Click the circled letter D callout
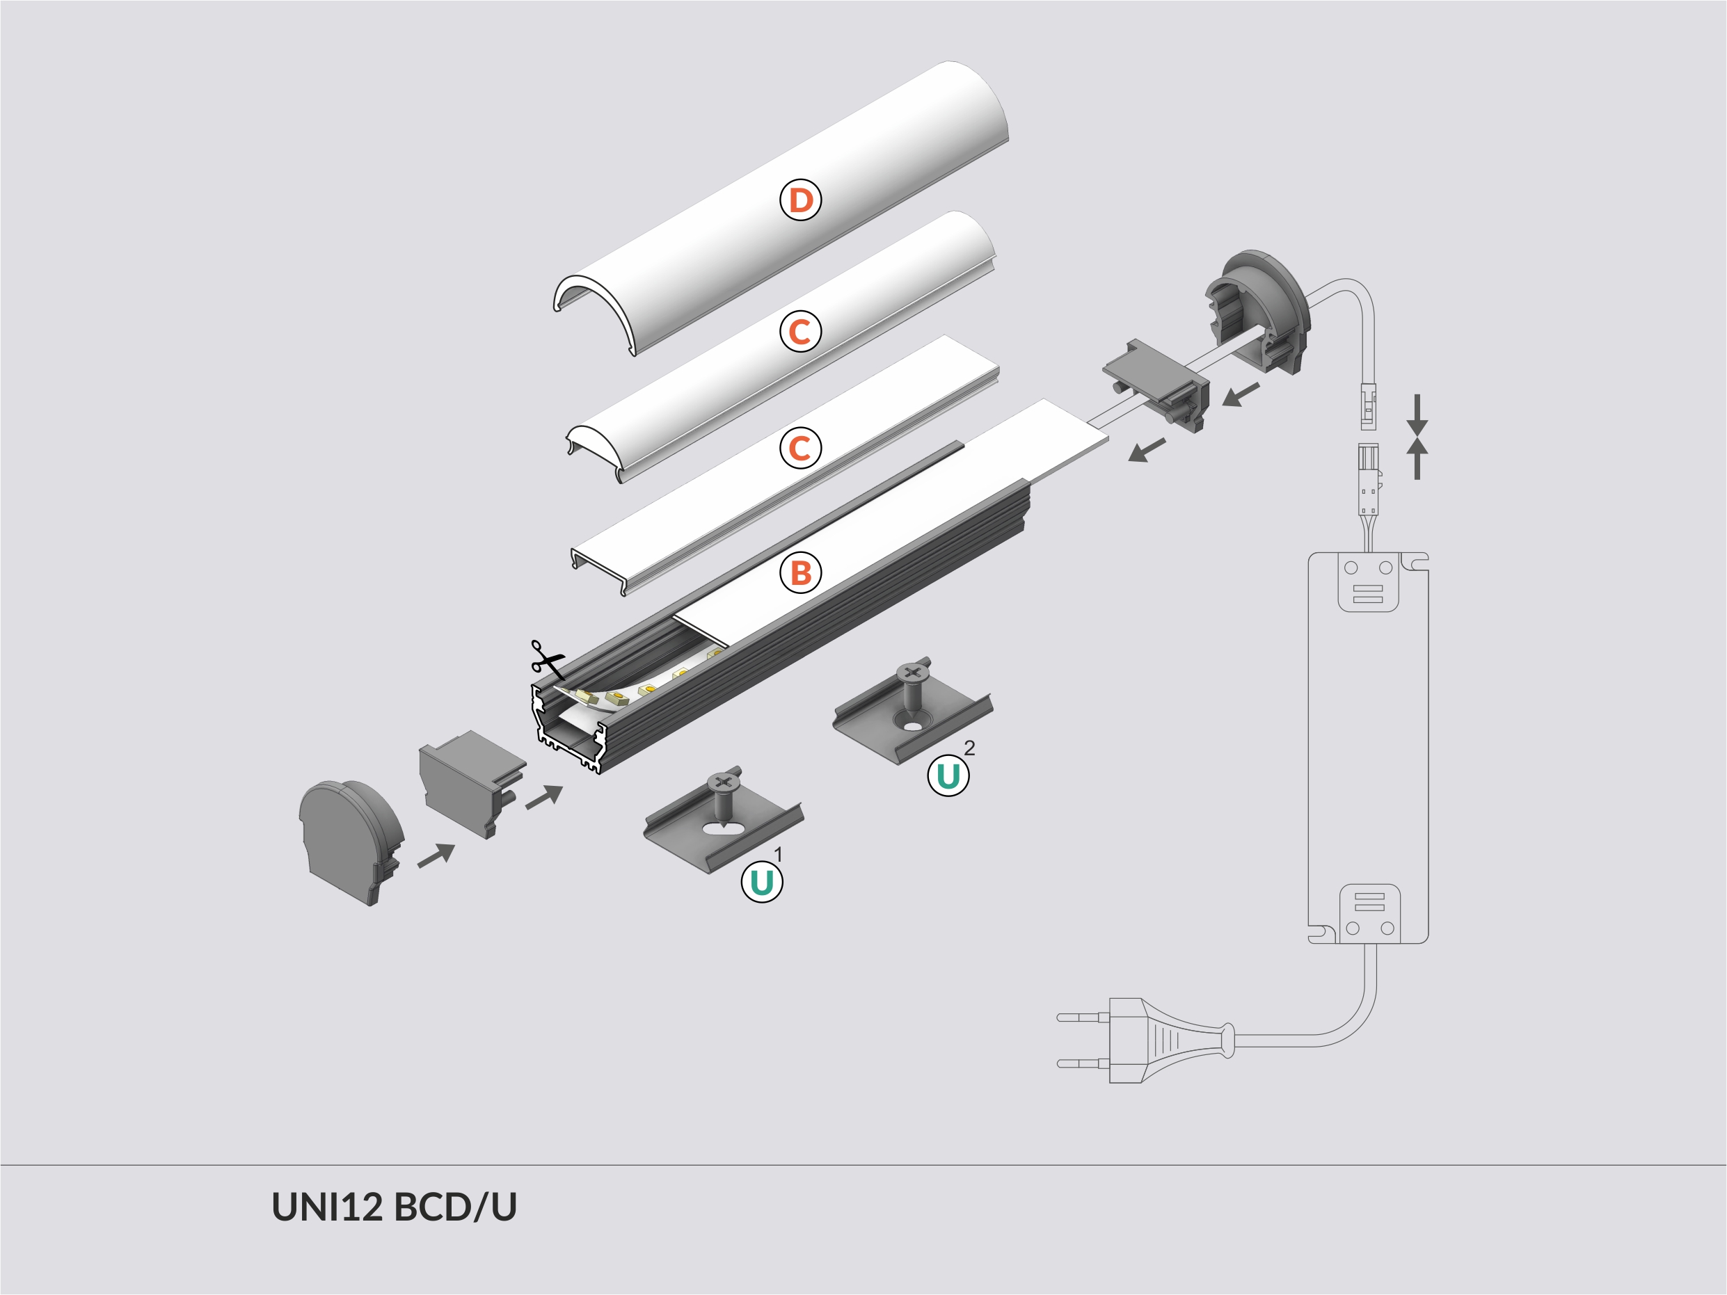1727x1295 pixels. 800,200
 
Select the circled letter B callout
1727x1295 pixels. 800,572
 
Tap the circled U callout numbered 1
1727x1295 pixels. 761,882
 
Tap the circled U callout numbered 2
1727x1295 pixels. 948,776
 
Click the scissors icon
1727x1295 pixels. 546,659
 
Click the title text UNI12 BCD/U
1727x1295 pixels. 394,1207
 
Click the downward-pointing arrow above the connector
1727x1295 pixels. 1417,415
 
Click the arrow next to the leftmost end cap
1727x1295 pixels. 436,855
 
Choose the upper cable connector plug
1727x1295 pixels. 1368,407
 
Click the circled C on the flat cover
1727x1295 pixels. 799,448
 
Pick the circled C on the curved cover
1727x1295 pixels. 799,332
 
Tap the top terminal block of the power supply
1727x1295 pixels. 1368,581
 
